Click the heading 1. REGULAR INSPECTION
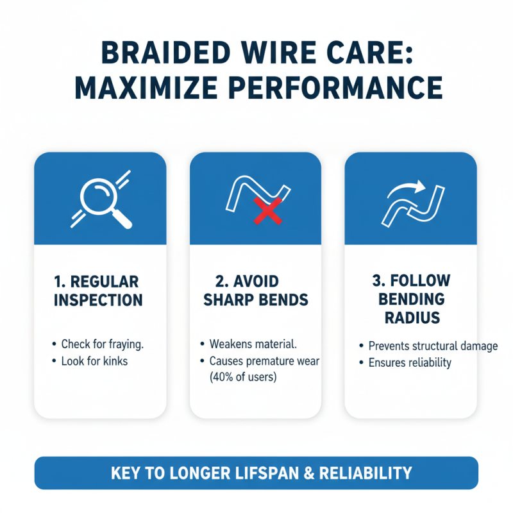[x=98, y=290]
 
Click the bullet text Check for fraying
[x=102, y=344]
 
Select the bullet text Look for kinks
[x=95, y=361]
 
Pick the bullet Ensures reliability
[x=410, y=362]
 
